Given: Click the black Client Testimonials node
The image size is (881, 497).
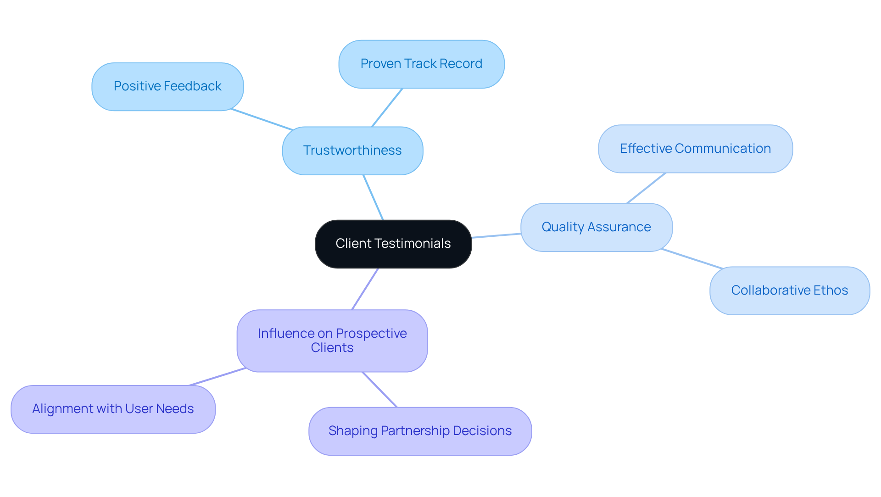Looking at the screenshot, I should click(x=393, y=244).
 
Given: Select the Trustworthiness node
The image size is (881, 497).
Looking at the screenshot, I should click(x=352, y=151).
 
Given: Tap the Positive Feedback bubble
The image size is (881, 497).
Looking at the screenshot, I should click(x=167, y=86).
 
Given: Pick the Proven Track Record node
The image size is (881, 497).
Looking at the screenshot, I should click(x=421, y=64).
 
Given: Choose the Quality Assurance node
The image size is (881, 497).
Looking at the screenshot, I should click(x=596, y=227).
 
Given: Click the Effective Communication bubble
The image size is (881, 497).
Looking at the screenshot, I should click(x=695, y=149).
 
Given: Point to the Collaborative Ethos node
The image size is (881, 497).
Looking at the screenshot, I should click(x=789, y=290).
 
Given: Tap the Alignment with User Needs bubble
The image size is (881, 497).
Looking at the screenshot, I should click(x=113, y=409).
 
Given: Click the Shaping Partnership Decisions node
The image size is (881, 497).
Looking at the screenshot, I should click(x=420, y=431).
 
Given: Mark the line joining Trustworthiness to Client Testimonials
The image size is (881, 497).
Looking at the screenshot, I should click(x=373, y=197).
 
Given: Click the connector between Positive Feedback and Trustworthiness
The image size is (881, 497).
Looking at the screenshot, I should click(x=262, y=120).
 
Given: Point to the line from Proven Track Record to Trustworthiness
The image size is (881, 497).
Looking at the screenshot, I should click(x=387, y=107).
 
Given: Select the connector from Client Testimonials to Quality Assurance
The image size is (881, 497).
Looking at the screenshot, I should click(x=496, y=235).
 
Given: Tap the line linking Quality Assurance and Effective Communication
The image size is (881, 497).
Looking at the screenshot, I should click(x=646, y=188).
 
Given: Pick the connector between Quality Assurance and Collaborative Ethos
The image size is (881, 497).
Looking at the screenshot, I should click(x=692, y=259).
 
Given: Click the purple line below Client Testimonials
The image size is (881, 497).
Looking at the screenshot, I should click(x=365, y=289).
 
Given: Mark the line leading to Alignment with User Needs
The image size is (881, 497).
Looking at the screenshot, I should click(x=217, y=377).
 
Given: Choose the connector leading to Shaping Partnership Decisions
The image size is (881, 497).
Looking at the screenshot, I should click(x=379, y=390).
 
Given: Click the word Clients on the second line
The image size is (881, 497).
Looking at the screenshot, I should click(x=332, y=348).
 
